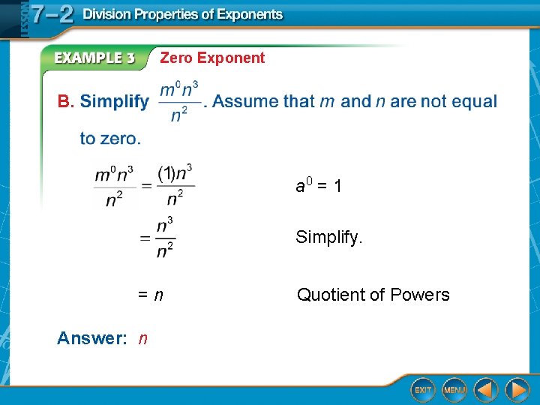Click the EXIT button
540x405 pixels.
point(423,390)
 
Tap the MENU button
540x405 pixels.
point(454,390)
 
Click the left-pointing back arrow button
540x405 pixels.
point(486,390)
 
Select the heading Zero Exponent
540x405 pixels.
point(212,58)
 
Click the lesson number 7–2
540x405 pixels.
point(52,15)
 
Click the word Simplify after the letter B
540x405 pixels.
point(114,101)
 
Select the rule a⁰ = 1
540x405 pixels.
point(319,185)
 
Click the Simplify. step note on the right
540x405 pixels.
point(329,238)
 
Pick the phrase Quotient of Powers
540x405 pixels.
point(373,295)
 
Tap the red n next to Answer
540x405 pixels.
point(142,339)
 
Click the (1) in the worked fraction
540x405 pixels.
point(166,173)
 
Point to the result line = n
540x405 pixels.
point(149,295)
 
